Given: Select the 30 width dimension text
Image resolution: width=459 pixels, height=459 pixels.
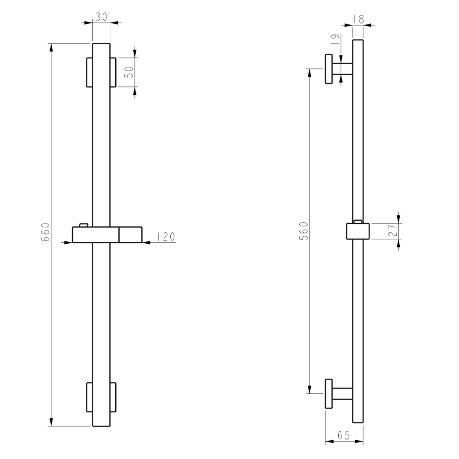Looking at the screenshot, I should (x=101, y=17).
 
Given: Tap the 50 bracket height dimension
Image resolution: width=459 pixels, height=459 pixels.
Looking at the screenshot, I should (x=129, y=72).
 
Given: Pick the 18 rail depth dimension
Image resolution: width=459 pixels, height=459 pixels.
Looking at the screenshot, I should (x=358, y=19).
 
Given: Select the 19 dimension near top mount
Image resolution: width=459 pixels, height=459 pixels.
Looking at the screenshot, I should (x=334, y=40).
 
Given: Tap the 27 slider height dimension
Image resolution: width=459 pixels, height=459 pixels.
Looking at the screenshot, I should (x=392, y=231).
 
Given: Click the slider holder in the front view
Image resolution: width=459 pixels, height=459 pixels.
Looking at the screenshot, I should (x=108, y=235).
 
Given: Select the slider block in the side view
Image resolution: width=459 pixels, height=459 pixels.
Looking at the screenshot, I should (x=358, y=231).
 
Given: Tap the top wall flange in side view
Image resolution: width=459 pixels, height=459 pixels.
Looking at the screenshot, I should (x=329, y=69).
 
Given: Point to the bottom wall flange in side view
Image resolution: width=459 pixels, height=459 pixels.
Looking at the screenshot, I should (x=329, y=394).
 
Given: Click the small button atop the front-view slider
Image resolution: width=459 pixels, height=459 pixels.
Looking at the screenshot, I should (x=83, y=224).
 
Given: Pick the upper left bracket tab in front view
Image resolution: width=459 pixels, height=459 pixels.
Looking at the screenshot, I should (x=89, y=72).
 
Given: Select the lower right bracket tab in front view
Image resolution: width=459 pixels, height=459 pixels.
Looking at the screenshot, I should (x=113, y=397).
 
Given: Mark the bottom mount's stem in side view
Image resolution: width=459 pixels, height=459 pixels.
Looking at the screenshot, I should (x=342, y=394).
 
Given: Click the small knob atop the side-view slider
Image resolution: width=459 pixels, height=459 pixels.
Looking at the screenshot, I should (x=358, y=221).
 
